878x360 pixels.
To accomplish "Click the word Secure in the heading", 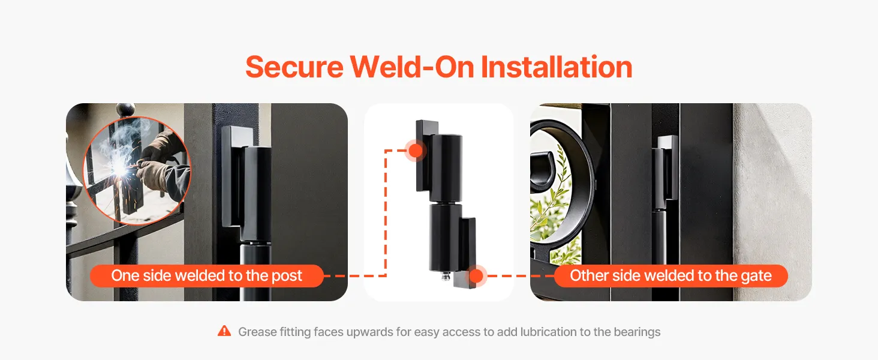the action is pos(294,67).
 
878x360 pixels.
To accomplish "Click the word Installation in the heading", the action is pos(556,67).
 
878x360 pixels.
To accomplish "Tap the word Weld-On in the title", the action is pos(412,67).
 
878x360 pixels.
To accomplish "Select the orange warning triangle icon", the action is pos(224,331).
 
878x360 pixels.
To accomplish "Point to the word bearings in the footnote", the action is pos(637,332).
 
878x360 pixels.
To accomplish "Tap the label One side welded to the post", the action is pos(206,275).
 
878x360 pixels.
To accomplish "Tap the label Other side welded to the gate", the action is pos(670,275).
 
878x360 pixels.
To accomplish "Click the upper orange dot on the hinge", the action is pos(416,150).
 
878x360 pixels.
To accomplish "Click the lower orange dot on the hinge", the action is pos(476,275).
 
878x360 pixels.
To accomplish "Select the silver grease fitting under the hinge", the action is pos(446,277).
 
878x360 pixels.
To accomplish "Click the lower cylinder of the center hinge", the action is pos(444,237).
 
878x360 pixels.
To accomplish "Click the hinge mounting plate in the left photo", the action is pos(231,176).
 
